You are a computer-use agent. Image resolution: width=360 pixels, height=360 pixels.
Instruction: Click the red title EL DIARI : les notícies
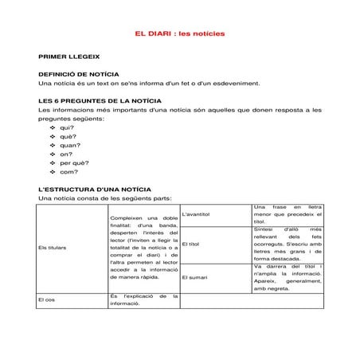click(180, 34)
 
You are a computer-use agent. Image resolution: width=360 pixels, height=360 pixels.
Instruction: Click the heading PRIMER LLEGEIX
click(68, 58)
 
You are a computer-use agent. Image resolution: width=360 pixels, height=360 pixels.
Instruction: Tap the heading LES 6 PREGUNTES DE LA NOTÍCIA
click(100, 101)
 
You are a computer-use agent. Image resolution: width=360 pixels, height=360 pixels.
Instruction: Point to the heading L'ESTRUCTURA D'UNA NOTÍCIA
click(89, 190)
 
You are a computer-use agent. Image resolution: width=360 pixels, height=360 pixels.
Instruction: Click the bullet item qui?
click(67, 127)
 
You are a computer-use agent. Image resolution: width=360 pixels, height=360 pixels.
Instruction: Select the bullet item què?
click(67, 136)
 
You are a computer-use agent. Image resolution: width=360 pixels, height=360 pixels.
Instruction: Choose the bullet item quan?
click(70, 145)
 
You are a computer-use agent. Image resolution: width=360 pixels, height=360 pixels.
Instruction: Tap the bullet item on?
click(66, 154)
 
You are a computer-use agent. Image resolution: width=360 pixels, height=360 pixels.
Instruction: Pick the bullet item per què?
click(73, 162)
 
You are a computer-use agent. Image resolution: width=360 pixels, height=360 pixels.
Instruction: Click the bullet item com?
click(68, 171)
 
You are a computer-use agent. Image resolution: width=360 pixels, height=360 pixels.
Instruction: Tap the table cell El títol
click(190, 244)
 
